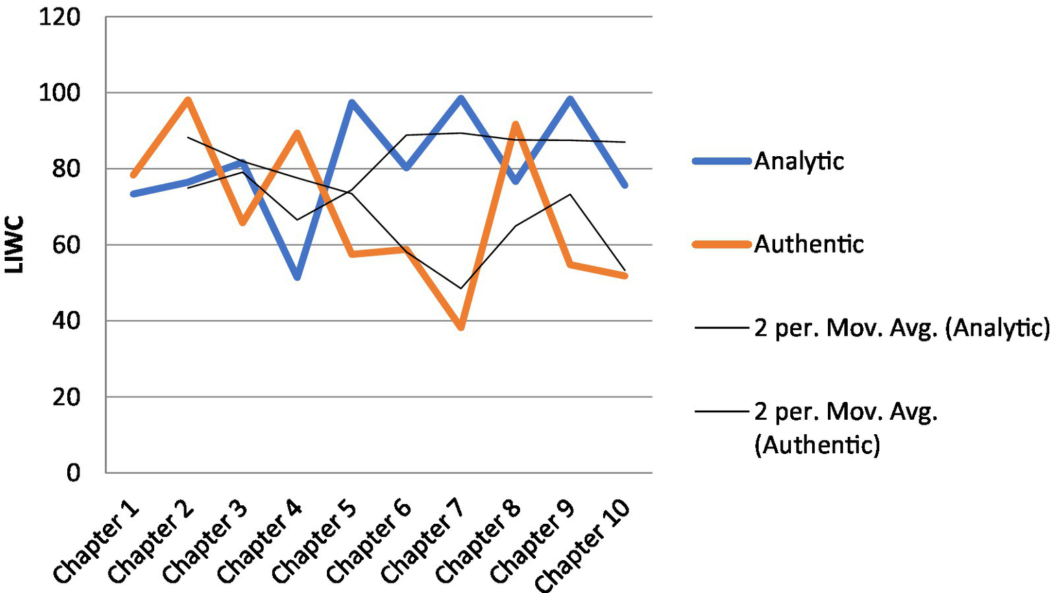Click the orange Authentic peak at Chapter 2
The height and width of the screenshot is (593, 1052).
point(188,100)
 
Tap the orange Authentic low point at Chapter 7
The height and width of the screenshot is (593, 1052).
point(461,327)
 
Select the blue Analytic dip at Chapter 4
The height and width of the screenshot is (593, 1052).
point(297,277)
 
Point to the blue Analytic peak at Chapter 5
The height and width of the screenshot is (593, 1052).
point(352,103)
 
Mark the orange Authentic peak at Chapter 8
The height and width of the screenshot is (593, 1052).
point(515,124)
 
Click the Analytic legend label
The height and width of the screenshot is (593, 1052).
point(799,162)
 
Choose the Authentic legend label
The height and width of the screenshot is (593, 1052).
point(809,244)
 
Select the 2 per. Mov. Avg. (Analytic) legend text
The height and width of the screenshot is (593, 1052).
point(901,329)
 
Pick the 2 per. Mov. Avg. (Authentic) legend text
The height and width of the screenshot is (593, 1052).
point(846,428)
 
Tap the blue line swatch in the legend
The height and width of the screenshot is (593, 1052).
point(722,162)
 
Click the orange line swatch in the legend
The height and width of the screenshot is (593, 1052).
point(722,244)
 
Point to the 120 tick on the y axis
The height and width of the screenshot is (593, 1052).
point(60,17)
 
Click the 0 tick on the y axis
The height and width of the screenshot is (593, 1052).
point(73,472)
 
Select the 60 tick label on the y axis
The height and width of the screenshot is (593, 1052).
point(66,244)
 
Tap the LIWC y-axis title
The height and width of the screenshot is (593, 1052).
point(15,244)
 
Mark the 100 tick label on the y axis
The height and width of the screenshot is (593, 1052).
point(60,92)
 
